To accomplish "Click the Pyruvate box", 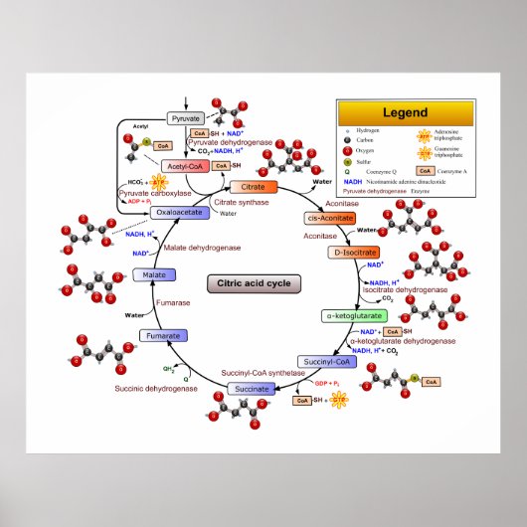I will tap(186, 118).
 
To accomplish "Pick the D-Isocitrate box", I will tap(350, 254).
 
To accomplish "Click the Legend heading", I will tap(405, 112).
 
